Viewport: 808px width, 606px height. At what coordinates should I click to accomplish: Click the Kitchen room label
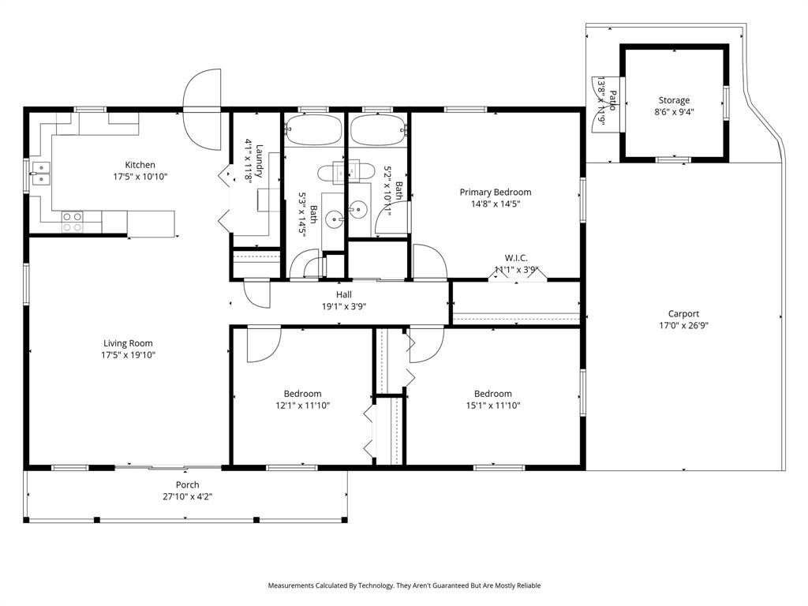tap(140, 165)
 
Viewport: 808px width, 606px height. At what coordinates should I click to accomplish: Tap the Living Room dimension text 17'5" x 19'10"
tap(128, 355)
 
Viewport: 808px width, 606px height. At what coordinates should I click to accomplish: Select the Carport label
tap(683, 313)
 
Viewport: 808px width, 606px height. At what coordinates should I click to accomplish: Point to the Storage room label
tap(674, 100)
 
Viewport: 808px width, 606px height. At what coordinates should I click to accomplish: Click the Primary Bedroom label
tap(496, 192)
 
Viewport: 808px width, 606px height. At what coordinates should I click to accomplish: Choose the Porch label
tap(187, 484)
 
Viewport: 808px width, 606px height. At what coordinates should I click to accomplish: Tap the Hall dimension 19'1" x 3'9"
tap(343, 306)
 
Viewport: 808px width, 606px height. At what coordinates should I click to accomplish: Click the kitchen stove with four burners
tap(73, 222)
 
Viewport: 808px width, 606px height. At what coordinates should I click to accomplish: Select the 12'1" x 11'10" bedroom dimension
tap(302, 406)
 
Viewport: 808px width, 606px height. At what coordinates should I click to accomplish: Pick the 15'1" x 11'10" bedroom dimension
tap(492, 406)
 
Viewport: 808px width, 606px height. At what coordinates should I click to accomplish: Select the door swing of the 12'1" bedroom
tap(263, 345)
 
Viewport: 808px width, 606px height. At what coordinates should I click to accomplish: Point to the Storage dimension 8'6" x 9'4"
tap(674, 112)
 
